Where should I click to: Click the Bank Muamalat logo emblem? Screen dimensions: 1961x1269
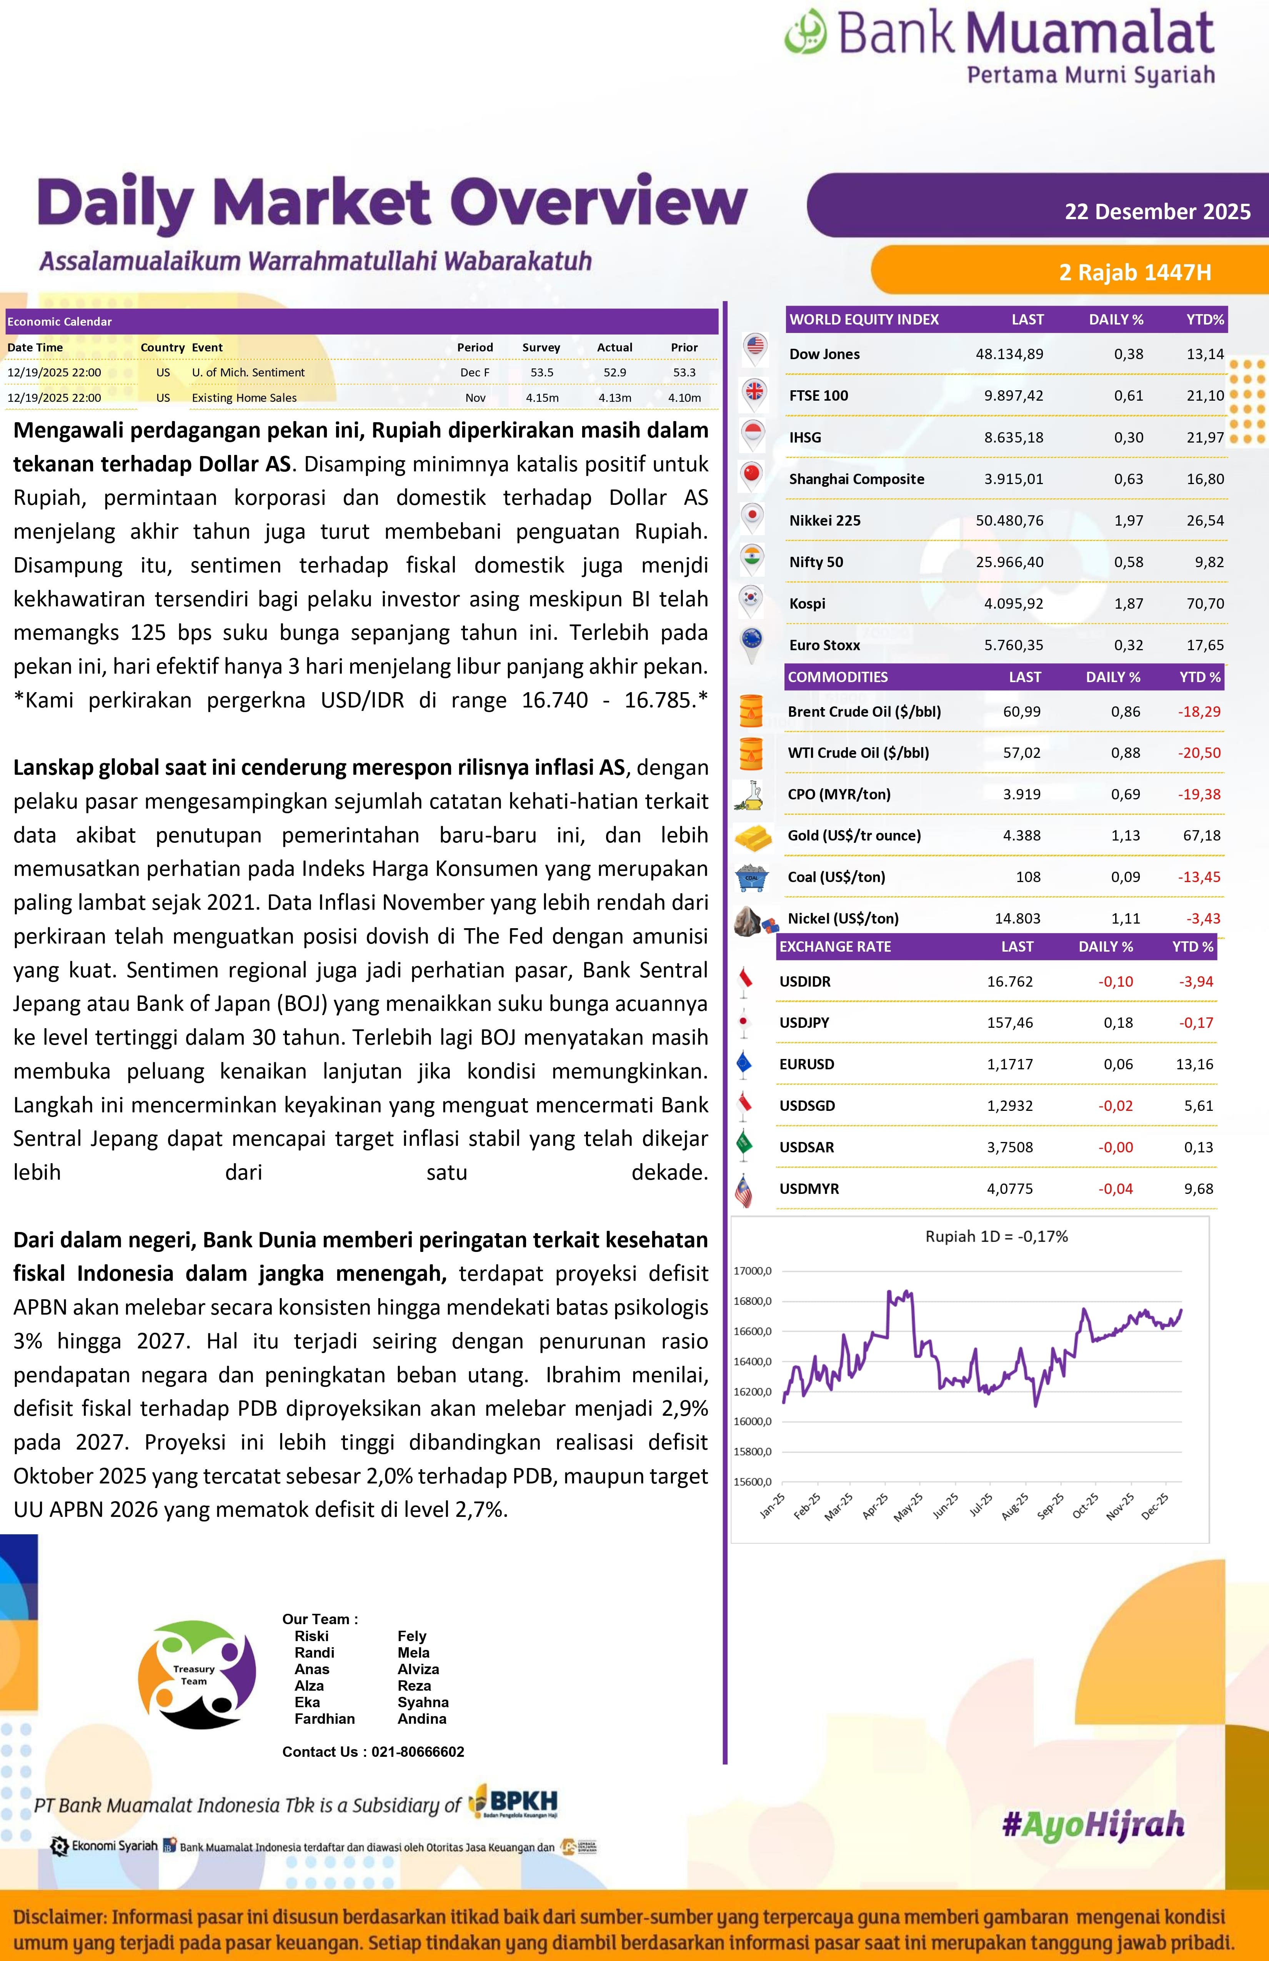805,32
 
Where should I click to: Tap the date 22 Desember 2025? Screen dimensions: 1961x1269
1157,212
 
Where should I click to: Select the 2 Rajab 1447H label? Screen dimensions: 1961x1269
1135,272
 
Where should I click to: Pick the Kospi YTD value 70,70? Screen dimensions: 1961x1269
1205,603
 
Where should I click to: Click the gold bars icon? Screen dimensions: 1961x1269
752,837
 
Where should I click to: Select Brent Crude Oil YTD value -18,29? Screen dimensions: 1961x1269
1199,711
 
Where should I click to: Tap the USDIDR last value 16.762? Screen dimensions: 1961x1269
1009,981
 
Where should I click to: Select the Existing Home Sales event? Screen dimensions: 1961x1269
244,398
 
